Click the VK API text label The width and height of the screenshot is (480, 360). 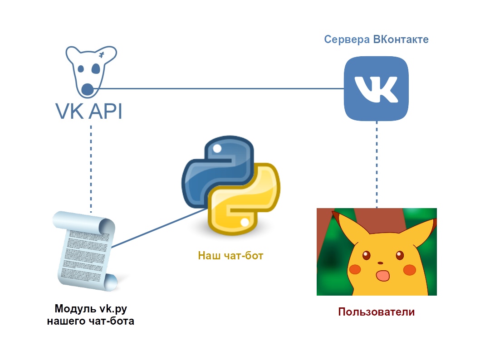click(x=88, y=111)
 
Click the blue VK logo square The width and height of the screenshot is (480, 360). click(x=376, y=88)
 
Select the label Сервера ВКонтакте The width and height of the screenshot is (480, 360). click(x=376, y=39)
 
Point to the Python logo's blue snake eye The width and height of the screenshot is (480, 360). click(x=217, y=148)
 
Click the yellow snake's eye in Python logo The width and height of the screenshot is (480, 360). click(x=245, y=222)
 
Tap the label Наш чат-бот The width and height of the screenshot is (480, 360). click(x=230, y=256)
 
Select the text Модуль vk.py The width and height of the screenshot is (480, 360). click(x=91, y=309)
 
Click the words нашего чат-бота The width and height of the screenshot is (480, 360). click(x=91, y=321)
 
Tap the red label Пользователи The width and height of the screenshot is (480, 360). click(x=377, y=312)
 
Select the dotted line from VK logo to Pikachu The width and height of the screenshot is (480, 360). click(x=377, y=168)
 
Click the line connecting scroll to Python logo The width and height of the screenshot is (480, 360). click(x=157, y=229)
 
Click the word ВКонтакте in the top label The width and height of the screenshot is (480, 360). click(x=401, y=39)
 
